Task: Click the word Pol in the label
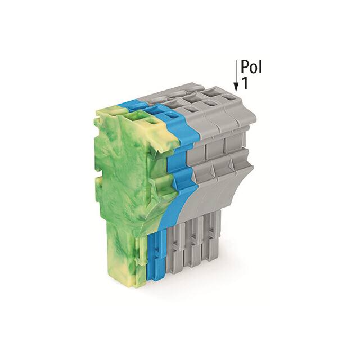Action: [251, 67]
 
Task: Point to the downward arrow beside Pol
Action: [236, 79]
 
